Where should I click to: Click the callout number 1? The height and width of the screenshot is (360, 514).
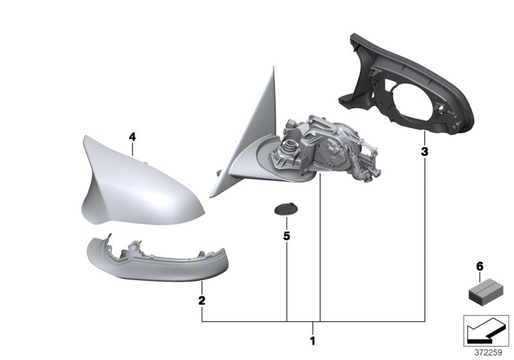[x=313, y=341]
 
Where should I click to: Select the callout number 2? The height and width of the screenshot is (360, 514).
[x=201, y=300]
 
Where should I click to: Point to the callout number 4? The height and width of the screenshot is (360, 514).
[x=132, y=137]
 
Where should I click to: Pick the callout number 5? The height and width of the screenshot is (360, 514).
[x=287, y=236]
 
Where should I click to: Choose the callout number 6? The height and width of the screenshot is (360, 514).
[x=478, y=265]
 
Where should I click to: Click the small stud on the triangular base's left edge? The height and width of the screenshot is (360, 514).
[x=219, y=172]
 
